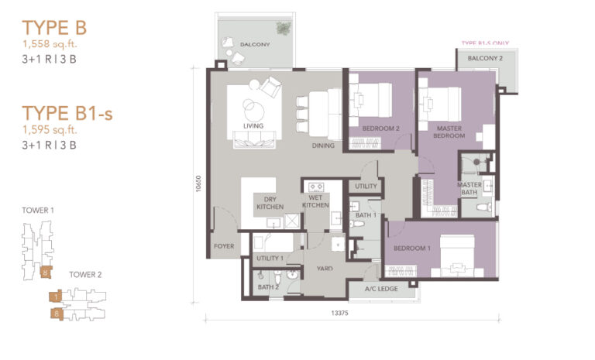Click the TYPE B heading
54,28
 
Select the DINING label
324,146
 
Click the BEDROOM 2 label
380,129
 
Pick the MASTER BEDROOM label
450,132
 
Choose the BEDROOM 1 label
411,248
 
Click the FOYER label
223,248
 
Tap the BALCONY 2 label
485,59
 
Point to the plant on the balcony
284,29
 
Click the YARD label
325,269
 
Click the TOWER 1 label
39,210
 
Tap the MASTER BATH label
469,190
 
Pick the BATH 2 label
268,287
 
